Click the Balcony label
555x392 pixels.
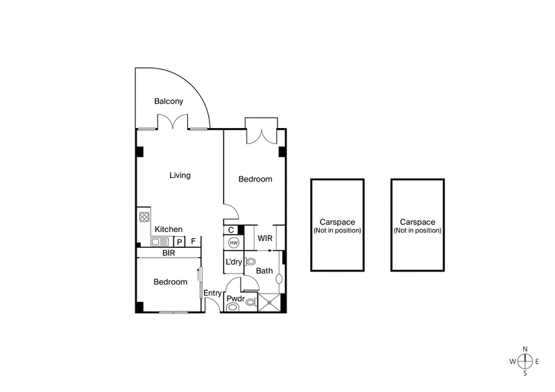(169, 101)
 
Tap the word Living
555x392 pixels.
(180, 175)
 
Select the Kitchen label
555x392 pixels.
(169, 229)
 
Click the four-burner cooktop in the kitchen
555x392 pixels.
(145, 217)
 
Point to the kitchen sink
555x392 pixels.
(159, 242)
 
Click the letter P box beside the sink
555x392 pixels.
(179, 242)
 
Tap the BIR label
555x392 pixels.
(169, 253)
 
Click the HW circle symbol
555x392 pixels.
(233, 243)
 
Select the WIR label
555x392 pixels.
(265, 238)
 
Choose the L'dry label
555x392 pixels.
(234, 262)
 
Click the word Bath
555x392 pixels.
(264, 271)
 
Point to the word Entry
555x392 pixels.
(212, 294)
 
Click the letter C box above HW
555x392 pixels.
(230, 230)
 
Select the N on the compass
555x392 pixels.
(525, 349)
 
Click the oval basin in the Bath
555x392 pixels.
(278, 279)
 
